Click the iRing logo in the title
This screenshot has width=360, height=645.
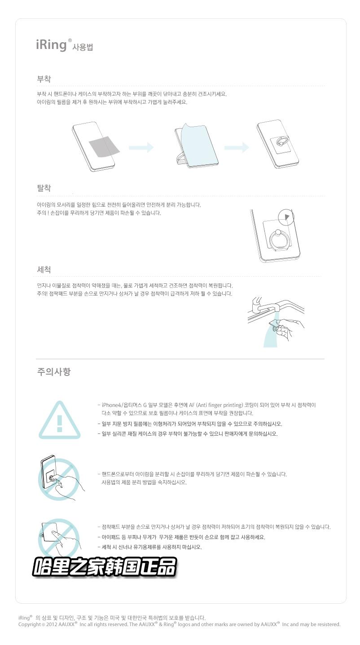coord(51,45)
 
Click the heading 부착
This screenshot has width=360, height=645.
coord(44,79)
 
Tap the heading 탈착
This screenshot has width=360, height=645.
coord(44,188)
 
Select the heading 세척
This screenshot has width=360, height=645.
coord(44,269)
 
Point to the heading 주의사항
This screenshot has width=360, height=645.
coord(53,372)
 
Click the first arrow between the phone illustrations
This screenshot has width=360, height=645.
coord(141,147)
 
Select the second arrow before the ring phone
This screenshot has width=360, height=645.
coord(237,147)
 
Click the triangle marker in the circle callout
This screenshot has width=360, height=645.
coord(288,217)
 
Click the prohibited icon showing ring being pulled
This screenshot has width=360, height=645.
coord(58,477)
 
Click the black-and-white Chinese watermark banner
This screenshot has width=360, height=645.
coord(104,567)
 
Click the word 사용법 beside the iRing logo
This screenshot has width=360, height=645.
coord(83,47)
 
